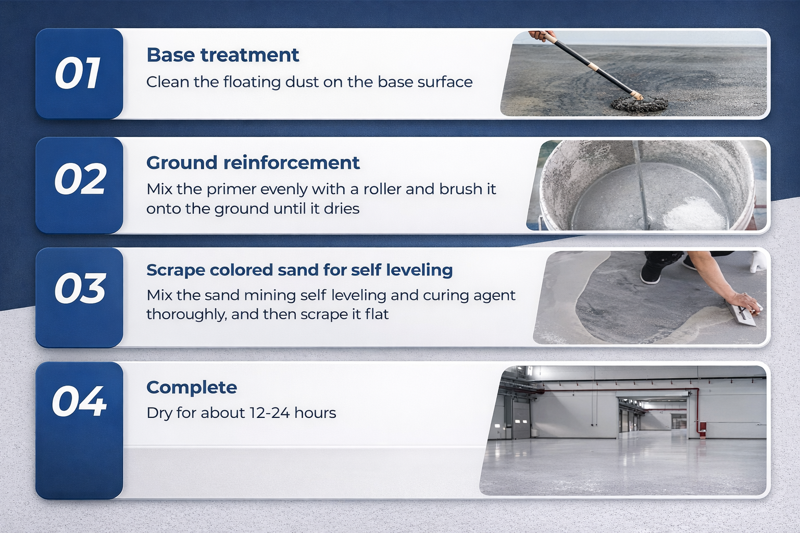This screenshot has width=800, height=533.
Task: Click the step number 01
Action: (x=78, y=73)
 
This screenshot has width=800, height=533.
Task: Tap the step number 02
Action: (x=80, y=179)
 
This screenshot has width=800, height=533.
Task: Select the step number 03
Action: (x=80, y=288)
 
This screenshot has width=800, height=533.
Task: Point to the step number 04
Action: (x=79, y=401)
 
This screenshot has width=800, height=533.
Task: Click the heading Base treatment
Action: (x=223, y=55)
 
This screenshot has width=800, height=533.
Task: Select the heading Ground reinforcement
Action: (x=253, y=163)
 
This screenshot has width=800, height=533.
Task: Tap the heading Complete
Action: (x=192, y=388)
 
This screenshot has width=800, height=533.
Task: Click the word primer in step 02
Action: (x=231, y=190)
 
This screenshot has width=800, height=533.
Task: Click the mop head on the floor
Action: (x=639, y=104)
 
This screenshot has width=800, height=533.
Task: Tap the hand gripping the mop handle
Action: (x=542, y=35)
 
